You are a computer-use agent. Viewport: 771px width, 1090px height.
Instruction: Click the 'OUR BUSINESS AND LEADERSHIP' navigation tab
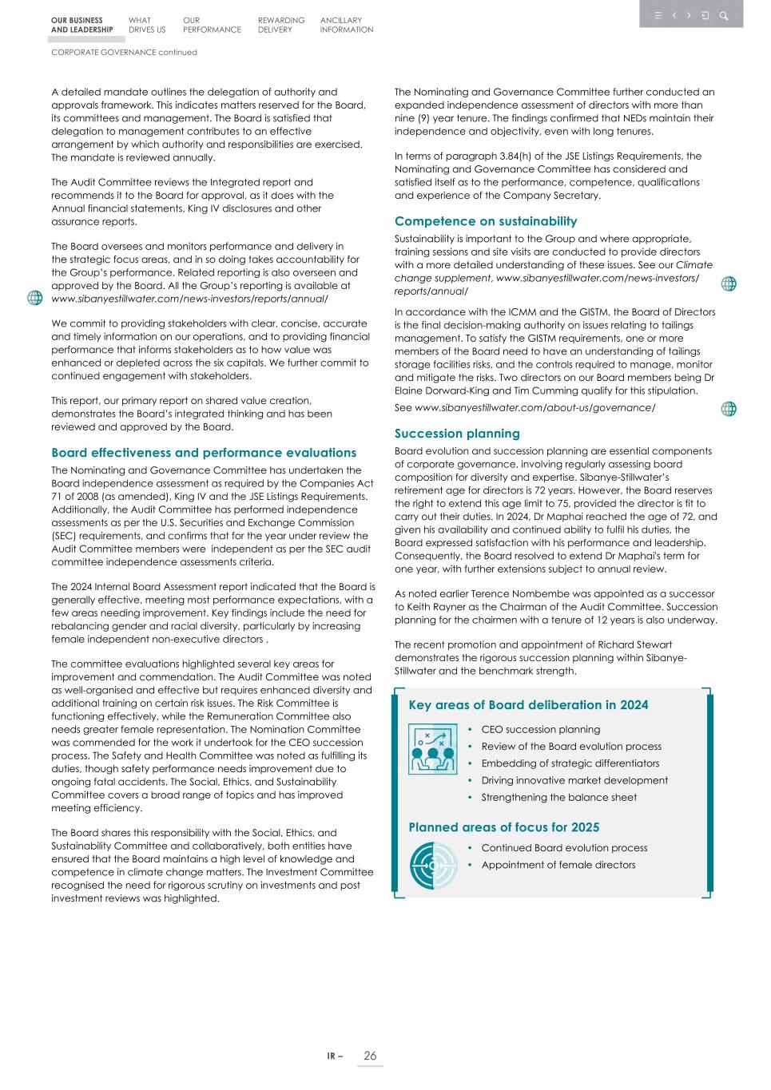pos(81,25)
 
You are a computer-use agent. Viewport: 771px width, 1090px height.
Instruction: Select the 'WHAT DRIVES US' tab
pos(146,25)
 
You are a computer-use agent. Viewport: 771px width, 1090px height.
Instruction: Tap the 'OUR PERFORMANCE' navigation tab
pos(211,25)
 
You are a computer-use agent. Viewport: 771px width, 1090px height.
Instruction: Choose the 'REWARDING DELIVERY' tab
pos(280,25)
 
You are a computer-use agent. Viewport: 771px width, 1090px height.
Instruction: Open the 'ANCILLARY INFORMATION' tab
pos(346,25)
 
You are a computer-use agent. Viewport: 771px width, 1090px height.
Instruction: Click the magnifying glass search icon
pos(724,15)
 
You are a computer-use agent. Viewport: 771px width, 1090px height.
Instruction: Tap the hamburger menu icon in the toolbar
pos(658,15)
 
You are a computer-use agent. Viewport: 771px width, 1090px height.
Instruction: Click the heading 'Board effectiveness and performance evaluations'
pos(204,453)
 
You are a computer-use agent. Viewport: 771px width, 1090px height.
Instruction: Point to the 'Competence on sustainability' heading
pos(485,221)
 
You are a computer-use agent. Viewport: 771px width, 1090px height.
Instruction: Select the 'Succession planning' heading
pos(457,434)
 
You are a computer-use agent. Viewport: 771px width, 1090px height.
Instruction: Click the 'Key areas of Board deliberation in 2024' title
pos(528,705)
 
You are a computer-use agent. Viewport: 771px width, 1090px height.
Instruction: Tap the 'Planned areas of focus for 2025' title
pos(503,827)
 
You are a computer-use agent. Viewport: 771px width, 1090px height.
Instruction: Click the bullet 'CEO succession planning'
pos(540,729)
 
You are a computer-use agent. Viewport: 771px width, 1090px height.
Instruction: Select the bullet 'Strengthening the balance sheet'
pos(558,797)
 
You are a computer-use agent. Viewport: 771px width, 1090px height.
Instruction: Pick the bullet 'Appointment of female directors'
pos(558,865)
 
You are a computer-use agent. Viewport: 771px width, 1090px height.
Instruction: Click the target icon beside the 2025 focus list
pos(432,866)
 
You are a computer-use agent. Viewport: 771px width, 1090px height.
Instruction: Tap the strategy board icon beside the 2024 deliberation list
pos(432,749)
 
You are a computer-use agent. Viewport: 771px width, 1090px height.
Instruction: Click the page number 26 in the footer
pos(370,1056)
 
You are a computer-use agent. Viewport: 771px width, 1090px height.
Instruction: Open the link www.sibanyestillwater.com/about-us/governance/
pos(535,408)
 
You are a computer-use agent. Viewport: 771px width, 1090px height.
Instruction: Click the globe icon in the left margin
pos(34,298)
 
